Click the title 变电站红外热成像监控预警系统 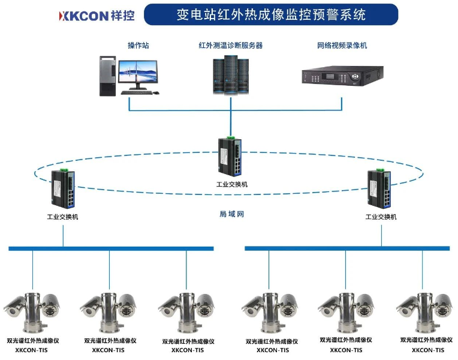point(271,14)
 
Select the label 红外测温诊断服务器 point(231,45)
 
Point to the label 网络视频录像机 point(342,45)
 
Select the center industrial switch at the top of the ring point(230,155)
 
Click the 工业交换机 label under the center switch point(231,184)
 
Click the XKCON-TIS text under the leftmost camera point(28,350)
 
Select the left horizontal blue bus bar point(111,248)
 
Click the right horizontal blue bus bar point(347,248)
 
